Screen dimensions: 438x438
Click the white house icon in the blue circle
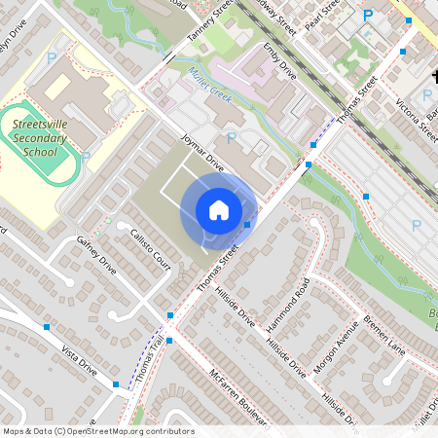click(x=219, y=210)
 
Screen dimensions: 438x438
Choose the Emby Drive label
click(x=279, y=59)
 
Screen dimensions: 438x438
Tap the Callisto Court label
click(x=150, y=249)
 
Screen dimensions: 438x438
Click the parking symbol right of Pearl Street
click(x=368, y=16)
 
